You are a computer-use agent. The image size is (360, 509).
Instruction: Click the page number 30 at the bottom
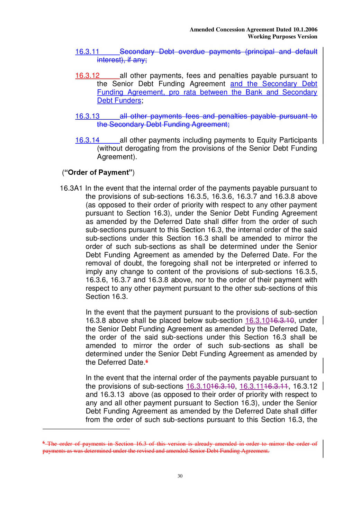180,476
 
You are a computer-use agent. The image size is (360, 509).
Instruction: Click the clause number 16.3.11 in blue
87,52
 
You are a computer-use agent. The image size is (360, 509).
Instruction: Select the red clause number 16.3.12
87,76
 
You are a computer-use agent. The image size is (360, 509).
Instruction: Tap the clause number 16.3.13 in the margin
87,117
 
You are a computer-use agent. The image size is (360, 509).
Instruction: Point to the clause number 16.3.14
87,140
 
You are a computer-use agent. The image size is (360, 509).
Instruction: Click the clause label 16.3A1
71,189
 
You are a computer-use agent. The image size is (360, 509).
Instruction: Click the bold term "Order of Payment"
98,173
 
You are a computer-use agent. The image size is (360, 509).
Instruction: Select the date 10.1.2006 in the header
305,30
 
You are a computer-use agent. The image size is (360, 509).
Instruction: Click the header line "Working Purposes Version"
282,37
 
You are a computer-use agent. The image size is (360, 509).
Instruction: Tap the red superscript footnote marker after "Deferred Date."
147,361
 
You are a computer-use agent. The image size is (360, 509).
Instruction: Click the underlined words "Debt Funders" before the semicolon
119,101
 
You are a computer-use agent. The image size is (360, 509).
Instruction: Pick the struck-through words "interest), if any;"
122,60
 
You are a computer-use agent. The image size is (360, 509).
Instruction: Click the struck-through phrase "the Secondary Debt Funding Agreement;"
163,125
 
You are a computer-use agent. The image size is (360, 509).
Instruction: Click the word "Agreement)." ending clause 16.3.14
117,157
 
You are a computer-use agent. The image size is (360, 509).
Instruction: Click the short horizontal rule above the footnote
86,429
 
